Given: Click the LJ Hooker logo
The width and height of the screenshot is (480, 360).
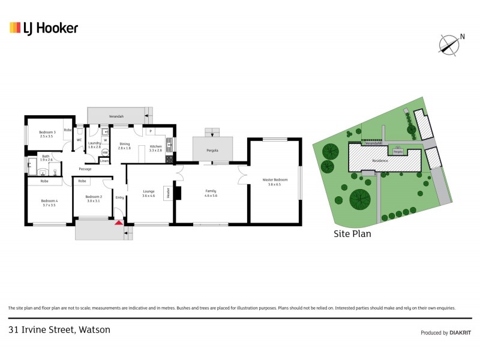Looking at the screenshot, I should click(43, 28).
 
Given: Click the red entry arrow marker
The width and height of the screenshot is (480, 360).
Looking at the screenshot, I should click(119, 223).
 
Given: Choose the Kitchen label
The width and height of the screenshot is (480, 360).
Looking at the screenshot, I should click(155, 145).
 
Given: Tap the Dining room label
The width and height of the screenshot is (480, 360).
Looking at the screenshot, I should click(124, 145).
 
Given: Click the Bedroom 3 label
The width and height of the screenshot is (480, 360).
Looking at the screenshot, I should click(47, 134).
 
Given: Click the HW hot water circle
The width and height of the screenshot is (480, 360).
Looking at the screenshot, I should click(105, 153).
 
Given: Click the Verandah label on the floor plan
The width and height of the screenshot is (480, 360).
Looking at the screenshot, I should click(116, 115).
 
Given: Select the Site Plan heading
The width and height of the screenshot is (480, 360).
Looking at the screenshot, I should click(352, 234).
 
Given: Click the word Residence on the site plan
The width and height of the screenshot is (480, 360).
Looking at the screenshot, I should click(380, 161).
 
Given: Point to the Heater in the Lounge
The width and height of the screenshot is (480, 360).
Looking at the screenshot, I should click(169, 193).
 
